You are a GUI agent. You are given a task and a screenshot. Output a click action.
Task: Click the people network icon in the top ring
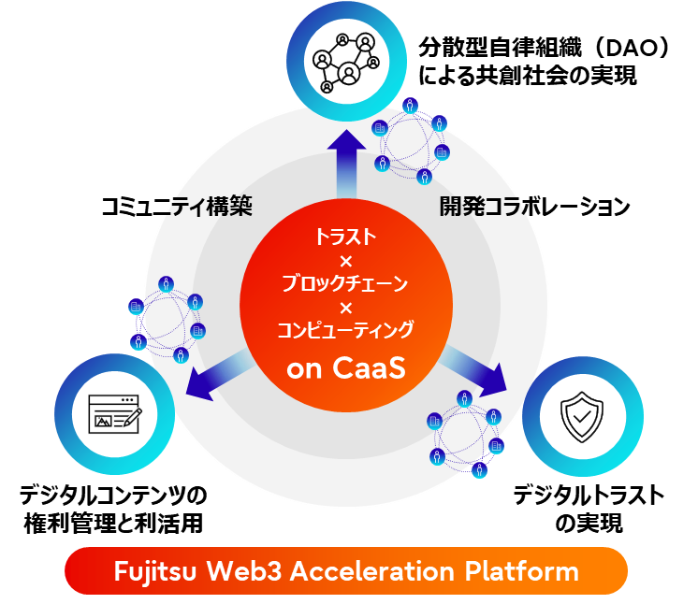coord(347,63)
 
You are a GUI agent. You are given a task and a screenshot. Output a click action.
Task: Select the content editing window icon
coord(113,412)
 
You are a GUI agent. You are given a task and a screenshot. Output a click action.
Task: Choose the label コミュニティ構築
coord(177,208)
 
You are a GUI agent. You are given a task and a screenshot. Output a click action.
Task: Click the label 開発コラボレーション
coord(534,208)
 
